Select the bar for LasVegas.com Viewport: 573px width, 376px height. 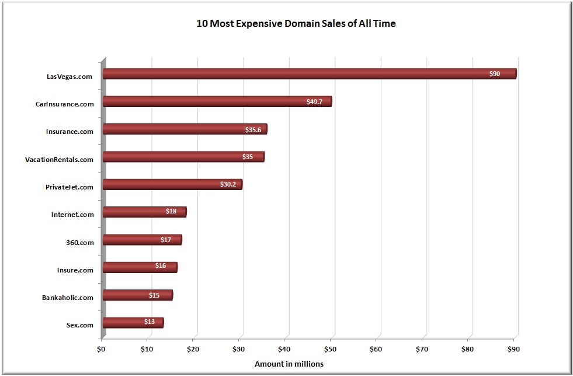click(x=309, y=74)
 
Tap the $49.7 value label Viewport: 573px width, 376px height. click(x=314, y=102)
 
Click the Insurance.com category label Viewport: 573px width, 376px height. click(x=70, y=132)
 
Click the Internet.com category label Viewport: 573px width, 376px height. click(x=72, y=215)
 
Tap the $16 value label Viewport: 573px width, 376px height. click(x=161, y=266)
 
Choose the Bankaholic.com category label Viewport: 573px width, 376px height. click(x=68, y=298)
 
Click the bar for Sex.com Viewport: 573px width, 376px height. click(x=133, y=323)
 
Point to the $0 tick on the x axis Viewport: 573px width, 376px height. click(x=102, y=350)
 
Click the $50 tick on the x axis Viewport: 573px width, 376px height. click(x=331, y=350)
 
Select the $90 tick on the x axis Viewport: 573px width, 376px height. click(x=514, y=350)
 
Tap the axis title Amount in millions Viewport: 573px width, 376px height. click(x=289, y=364)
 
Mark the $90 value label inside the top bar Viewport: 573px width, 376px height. click(x=494, y=74)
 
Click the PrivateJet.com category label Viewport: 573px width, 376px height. click(x=70, y=187)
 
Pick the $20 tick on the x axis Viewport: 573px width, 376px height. click(x=193, y=350)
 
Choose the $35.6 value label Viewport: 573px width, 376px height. click(x=253, y=130)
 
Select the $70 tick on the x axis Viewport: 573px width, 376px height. click(x=422, y=350)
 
